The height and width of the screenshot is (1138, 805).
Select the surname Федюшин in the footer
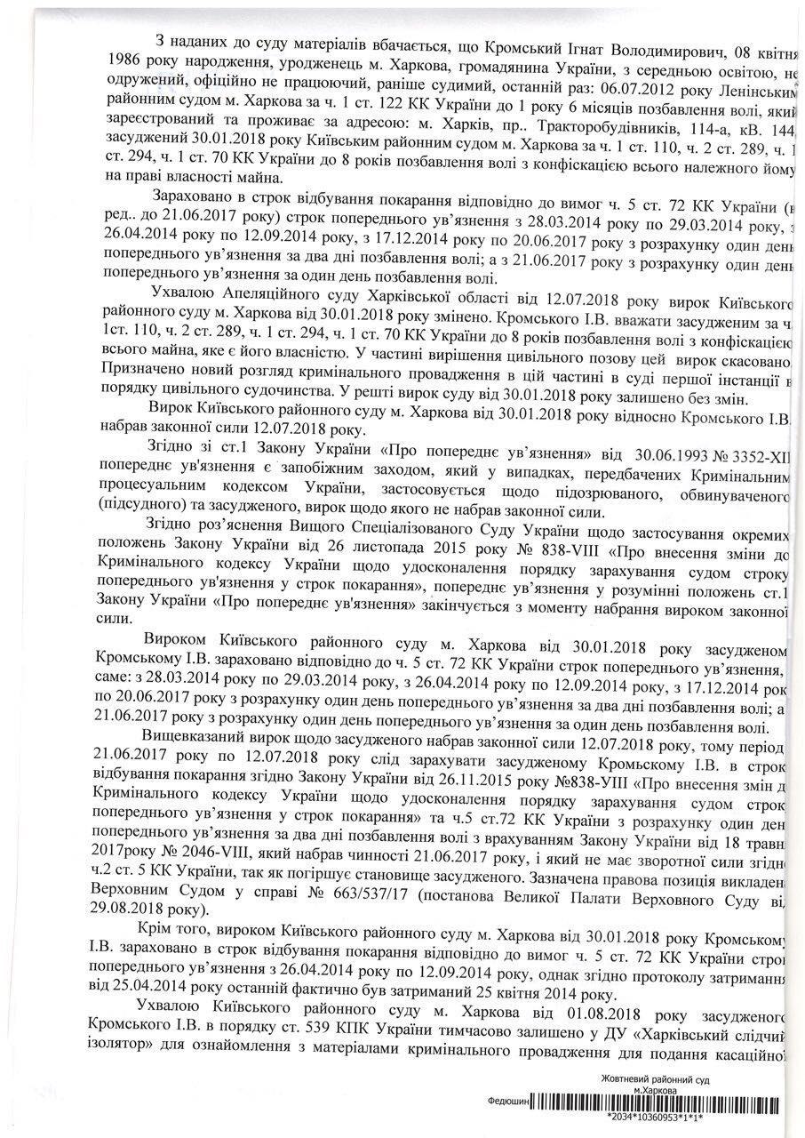click(509, 1100)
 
